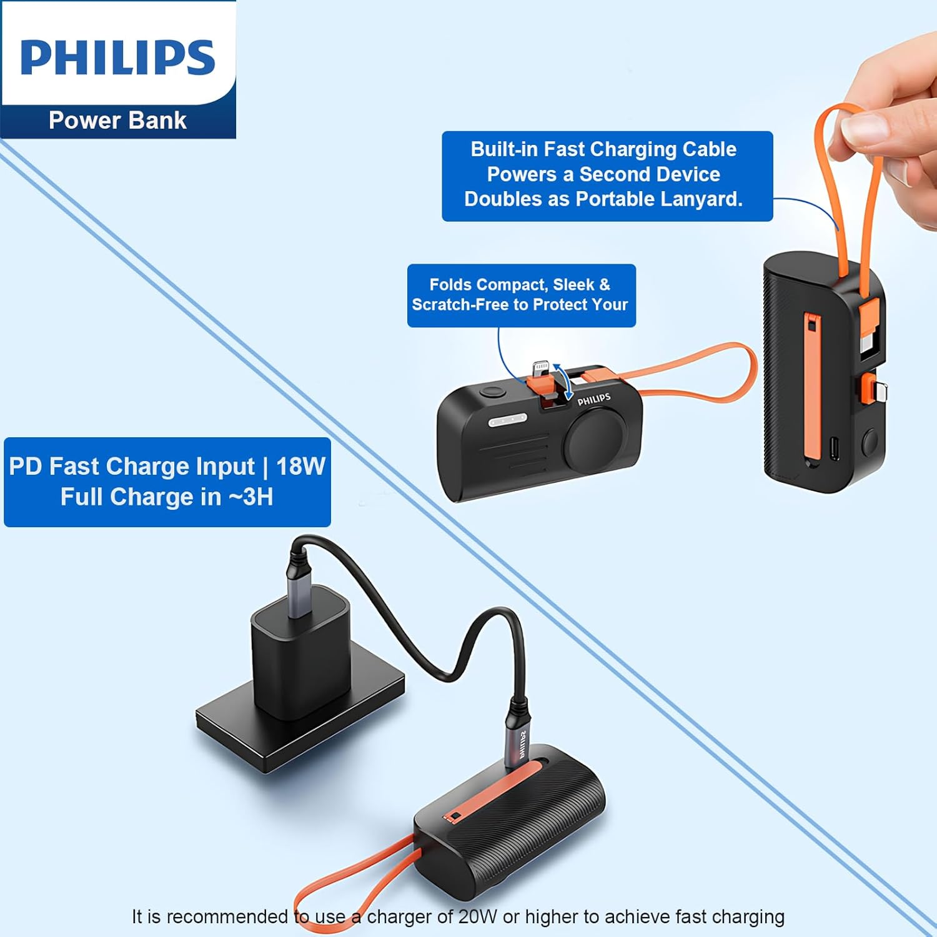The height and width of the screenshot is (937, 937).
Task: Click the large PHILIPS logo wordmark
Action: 118,57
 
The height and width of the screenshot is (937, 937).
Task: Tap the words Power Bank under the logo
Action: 117,120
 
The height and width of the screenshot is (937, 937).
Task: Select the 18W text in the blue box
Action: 300,466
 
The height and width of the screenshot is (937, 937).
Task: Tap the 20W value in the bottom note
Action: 478,916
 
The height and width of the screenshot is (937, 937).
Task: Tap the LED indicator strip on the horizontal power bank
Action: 507,421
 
